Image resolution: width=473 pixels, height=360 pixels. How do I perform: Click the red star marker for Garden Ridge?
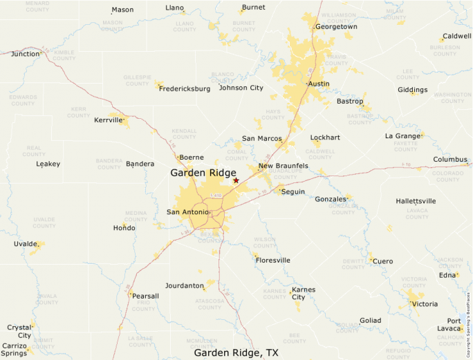236,180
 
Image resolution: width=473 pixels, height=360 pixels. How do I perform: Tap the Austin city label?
319,84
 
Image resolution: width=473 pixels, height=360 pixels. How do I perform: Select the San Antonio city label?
187,211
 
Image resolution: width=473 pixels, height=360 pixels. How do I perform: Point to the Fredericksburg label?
185,88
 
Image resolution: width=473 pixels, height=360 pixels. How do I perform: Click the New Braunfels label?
284,166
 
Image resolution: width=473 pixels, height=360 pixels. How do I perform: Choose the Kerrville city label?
108,120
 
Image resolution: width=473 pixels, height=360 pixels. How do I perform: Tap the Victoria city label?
425,304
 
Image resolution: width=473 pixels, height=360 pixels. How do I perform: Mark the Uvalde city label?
26,244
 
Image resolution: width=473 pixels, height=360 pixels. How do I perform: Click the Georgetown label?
336,27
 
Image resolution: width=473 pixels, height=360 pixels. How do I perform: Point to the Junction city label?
26,54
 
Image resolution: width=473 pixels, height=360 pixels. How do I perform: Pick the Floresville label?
272,260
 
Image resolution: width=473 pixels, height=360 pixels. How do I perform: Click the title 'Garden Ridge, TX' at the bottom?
236,352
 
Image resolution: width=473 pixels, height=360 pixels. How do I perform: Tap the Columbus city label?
450,160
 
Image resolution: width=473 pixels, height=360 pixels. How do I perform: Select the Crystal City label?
19,331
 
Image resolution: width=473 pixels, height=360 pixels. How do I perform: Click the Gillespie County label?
137,80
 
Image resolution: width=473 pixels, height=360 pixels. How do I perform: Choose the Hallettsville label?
416,201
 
